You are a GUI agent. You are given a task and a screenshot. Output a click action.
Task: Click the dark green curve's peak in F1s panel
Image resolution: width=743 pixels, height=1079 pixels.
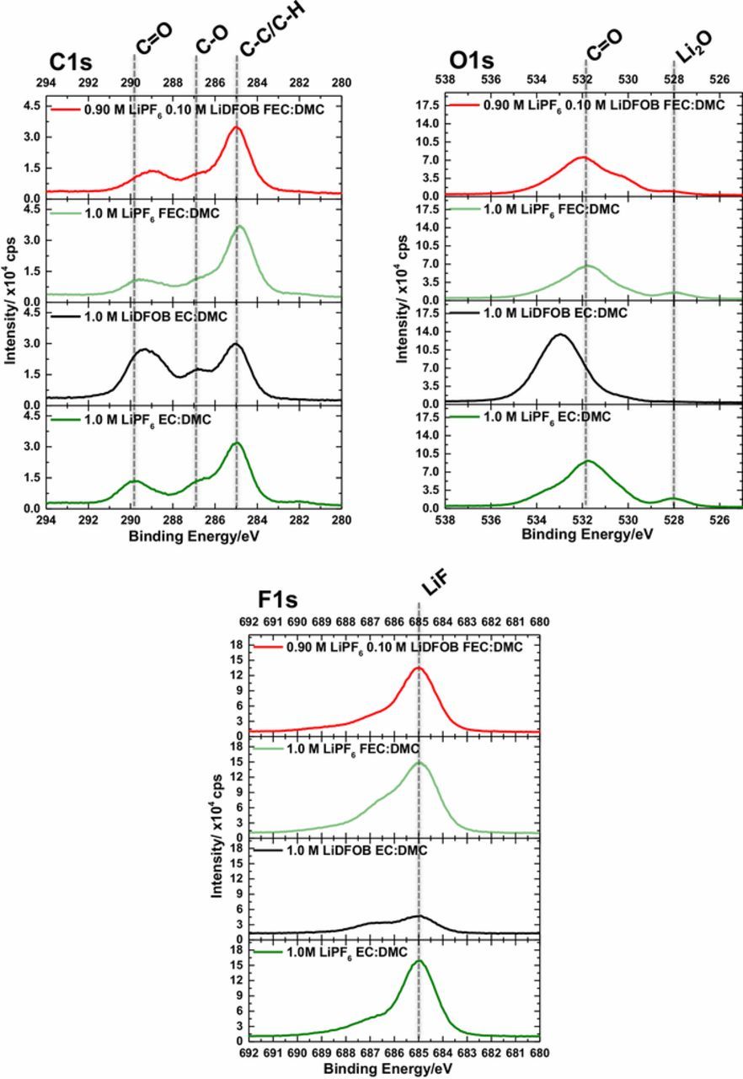tap(419, 960)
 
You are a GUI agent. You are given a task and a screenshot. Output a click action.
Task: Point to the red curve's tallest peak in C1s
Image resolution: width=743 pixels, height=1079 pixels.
tap(237, 128)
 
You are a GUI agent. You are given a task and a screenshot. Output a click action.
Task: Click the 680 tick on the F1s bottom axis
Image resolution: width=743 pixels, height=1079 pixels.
tap(539, 1053)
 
